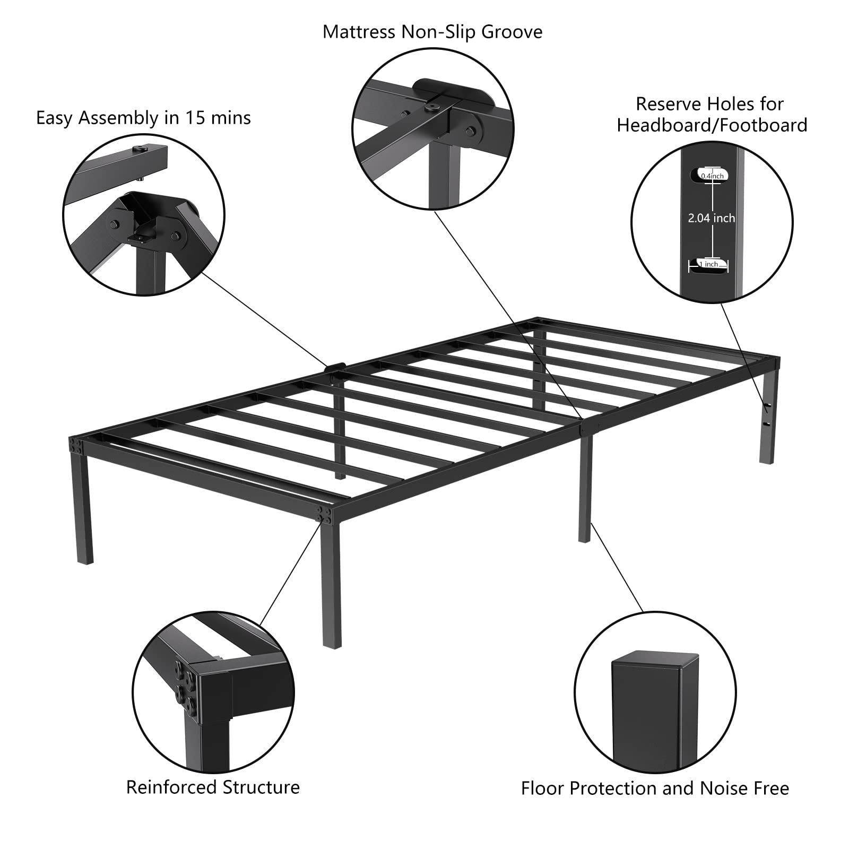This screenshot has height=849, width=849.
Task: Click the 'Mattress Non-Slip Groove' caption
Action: coord(432,32)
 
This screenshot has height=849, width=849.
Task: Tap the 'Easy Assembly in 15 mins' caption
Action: coord(143,118)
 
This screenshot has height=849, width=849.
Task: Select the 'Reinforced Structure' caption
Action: coord(213,787)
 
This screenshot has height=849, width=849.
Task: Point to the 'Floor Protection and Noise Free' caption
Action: coord(655,788)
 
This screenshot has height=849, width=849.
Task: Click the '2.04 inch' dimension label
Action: coord(712,218)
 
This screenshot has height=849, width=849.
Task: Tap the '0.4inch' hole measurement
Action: coord(712,176)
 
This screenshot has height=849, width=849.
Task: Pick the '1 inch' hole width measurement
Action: coord(709,264)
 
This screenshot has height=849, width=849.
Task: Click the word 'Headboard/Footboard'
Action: coord(712,125)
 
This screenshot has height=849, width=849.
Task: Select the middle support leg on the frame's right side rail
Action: coord(585,488)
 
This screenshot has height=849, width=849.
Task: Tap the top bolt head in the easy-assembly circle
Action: coord(141,150)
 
